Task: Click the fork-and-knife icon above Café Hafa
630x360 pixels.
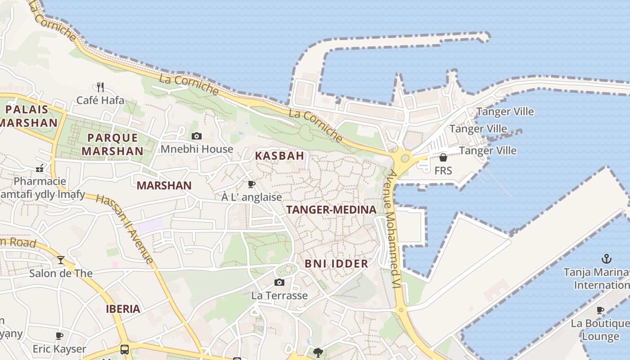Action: [100, 87]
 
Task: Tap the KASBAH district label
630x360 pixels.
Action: [279, 156]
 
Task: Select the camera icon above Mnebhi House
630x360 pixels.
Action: [197, 136]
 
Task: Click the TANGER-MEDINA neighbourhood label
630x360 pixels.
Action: [331, 210]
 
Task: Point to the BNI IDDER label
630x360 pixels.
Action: [337, 264]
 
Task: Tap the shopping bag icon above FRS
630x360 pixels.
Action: [443, 157]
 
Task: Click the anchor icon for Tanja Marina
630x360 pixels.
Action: [607, 259]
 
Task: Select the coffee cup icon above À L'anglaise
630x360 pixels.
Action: [252, 184]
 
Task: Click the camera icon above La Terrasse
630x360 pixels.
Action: [279, 283]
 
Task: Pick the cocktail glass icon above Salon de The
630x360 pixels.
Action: [60, 260]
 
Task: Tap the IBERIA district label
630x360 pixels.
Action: [123, 309]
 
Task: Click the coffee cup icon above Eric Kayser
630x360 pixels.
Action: [59, 336]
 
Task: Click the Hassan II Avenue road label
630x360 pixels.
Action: [125, 229]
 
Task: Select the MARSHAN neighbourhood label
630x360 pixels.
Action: [164, 185]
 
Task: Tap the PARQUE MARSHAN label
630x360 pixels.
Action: [113, 144]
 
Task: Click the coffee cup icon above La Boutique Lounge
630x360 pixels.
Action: [600, 310]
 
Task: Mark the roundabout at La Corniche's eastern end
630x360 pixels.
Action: [405, 158]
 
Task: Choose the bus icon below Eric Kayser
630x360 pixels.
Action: [125, 350]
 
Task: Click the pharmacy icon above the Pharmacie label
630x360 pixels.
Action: [40, 169]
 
